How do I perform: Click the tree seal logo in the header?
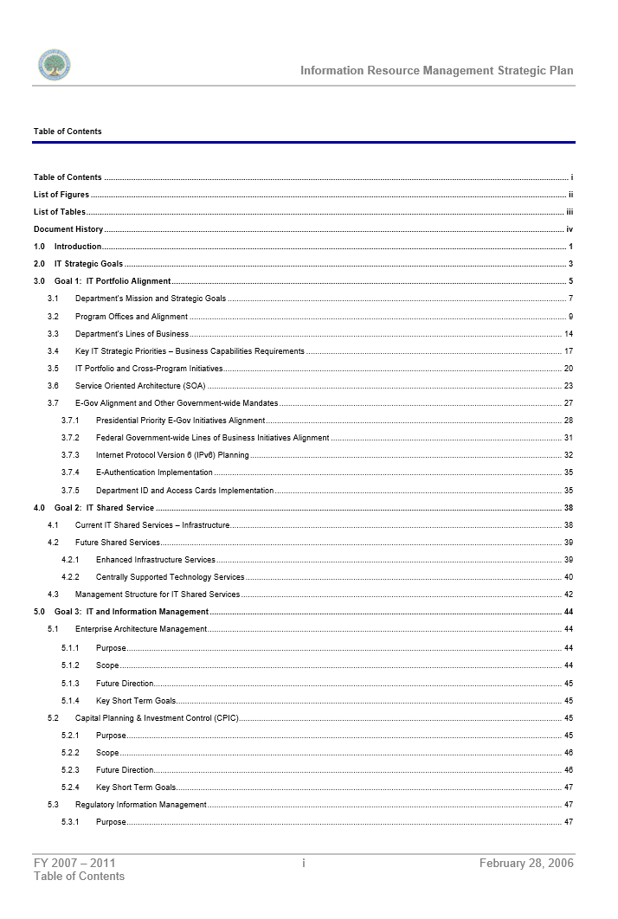(x=54, y=66)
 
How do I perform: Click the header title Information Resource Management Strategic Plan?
(x=436, y=71)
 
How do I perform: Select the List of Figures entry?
(x=61, y=195)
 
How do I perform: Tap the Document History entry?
(x=68, y=229)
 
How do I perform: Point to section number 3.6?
(x=54, y=386)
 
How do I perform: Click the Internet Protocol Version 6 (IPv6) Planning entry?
(x=172, y=455)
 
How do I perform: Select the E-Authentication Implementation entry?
(x=154, y=472)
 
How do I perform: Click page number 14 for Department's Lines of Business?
(x=568, y=334)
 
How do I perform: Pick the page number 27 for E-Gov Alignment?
(x=568, y=403)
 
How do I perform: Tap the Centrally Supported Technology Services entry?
(x=170, y=577)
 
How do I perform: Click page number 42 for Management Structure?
(x=568, y=594)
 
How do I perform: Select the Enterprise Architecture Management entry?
(x=141, y=629)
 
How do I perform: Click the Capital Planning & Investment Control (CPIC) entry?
(x=157, y=718)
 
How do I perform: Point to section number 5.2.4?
(x=70, y=787)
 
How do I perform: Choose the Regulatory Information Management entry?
(x=141, y=805)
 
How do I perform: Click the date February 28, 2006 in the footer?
(x=526, y=863)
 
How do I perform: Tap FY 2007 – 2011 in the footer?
(x=74, y=863)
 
